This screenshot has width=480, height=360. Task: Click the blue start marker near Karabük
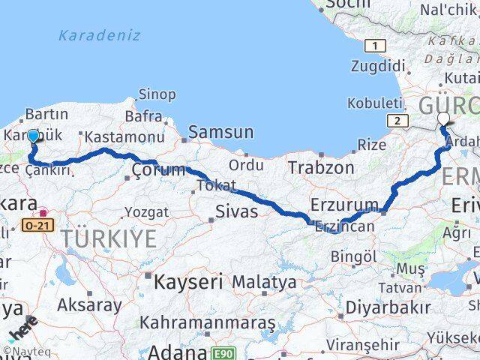click(33, 136)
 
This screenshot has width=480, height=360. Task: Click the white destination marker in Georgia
click(443, 118)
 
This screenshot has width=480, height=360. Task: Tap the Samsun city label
click(220, 132)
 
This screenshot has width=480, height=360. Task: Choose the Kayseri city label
click(188, 282)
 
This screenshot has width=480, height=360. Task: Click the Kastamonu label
click(124, 137)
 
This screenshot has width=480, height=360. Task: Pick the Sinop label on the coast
click(157, 95)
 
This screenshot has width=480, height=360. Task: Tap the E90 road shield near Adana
click(223, 352)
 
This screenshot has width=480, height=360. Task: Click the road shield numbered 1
click(374, 46)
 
